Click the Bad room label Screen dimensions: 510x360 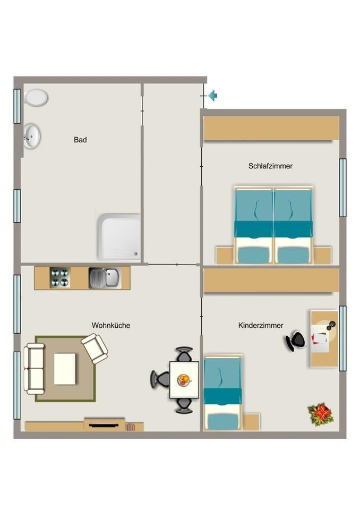click(x=80, y=140)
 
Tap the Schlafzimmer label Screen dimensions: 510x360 click(x=270, y=166)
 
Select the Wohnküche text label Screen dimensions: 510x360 click(x=111, y=325)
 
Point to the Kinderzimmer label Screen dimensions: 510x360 click(x=261, y=325)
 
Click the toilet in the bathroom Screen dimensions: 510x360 click(x=36, y=98)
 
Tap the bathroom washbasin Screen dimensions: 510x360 click(x=32, y=135)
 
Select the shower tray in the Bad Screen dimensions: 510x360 click(x=119, y=237)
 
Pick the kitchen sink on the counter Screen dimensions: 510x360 click(x=105, y=278)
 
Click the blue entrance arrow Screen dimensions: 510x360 click(x=213, y=96)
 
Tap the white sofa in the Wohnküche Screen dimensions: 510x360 click(x=34, y=368)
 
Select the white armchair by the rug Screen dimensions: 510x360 click(x=95, y=348)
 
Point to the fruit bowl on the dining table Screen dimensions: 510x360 click(x=184, y=379)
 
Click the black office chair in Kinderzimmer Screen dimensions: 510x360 click(x=296, y=341)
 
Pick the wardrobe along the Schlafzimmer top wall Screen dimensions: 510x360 click(x=271, y=128)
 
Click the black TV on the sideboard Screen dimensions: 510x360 click(x=104, y=424)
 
